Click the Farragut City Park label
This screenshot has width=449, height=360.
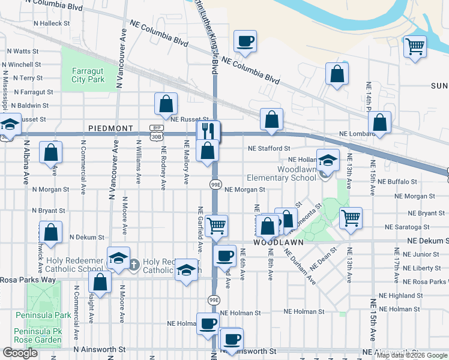(88, 74)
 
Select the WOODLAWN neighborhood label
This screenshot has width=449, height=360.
(276, 243)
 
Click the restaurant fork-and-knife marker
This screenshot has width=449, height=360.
(209, 131)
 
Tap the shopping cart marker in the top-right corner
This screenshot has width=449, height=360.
(415, 46)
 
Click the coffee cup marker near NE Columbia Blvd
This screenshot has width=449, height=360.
(245, 41)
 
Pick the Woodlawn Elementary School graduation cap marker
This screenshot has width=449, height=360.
(328, 160)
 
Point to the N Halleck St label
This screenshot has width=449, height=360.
(52, 23)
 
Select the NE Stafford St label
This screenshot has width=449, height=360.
(270, 148)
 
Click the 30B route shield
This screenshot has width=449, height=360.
(157, 136)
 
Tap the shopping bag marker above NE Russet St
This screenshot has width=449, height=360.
(166, 103)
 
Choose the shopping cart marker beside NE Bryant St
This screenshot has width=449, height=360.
(351, 218)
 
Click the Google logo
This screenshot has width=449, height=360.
(20, 353)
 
